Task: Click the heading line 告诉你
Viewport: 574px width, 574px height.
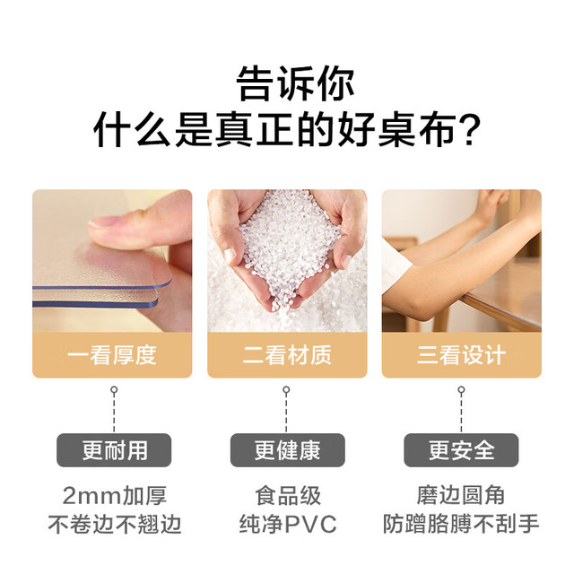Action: click(295, 83)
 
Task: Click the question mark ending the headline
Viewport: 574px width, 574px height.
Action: click(469, 130)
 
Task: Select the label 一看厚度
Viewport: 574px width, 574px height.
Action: click(112, 355)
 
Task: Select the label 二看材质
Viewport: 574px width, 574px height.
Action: click(287, 355)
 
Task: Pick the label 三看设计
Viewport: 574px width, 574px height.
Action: click(461, 355)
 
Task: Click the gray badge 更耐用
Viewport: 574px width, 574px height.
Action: click(114, 450)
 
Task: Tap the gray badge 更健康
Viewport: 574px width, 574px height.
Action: click(287, 450)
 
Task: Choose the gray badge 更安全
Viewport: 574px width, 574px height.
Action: click(461, 450)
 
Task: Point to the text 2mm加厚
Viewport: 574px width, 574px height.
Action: click(114, 496)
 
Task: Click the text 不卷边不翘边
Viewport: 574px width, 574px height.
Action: click(114, 524)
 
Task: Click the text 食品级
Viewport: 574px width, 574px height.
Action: click(288, 496)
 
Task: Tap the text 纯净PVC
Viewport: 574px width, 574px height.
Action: click(288, 524)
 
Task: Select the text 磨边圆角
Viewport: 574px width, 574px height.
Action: click(461, 496)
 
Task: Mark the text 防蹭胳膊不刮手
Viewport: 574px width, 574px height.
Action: click(461, 524)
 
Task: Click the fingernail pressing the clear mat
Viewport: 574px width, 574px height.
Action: click(104, 222)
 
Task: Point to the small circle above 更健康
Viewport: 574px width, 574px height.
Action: click(286, 389)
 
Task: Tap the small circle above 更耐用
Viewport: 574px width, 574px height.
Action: click(114, 389)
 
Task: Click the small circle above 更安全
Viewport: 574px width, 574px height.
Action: click(461, 389)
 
